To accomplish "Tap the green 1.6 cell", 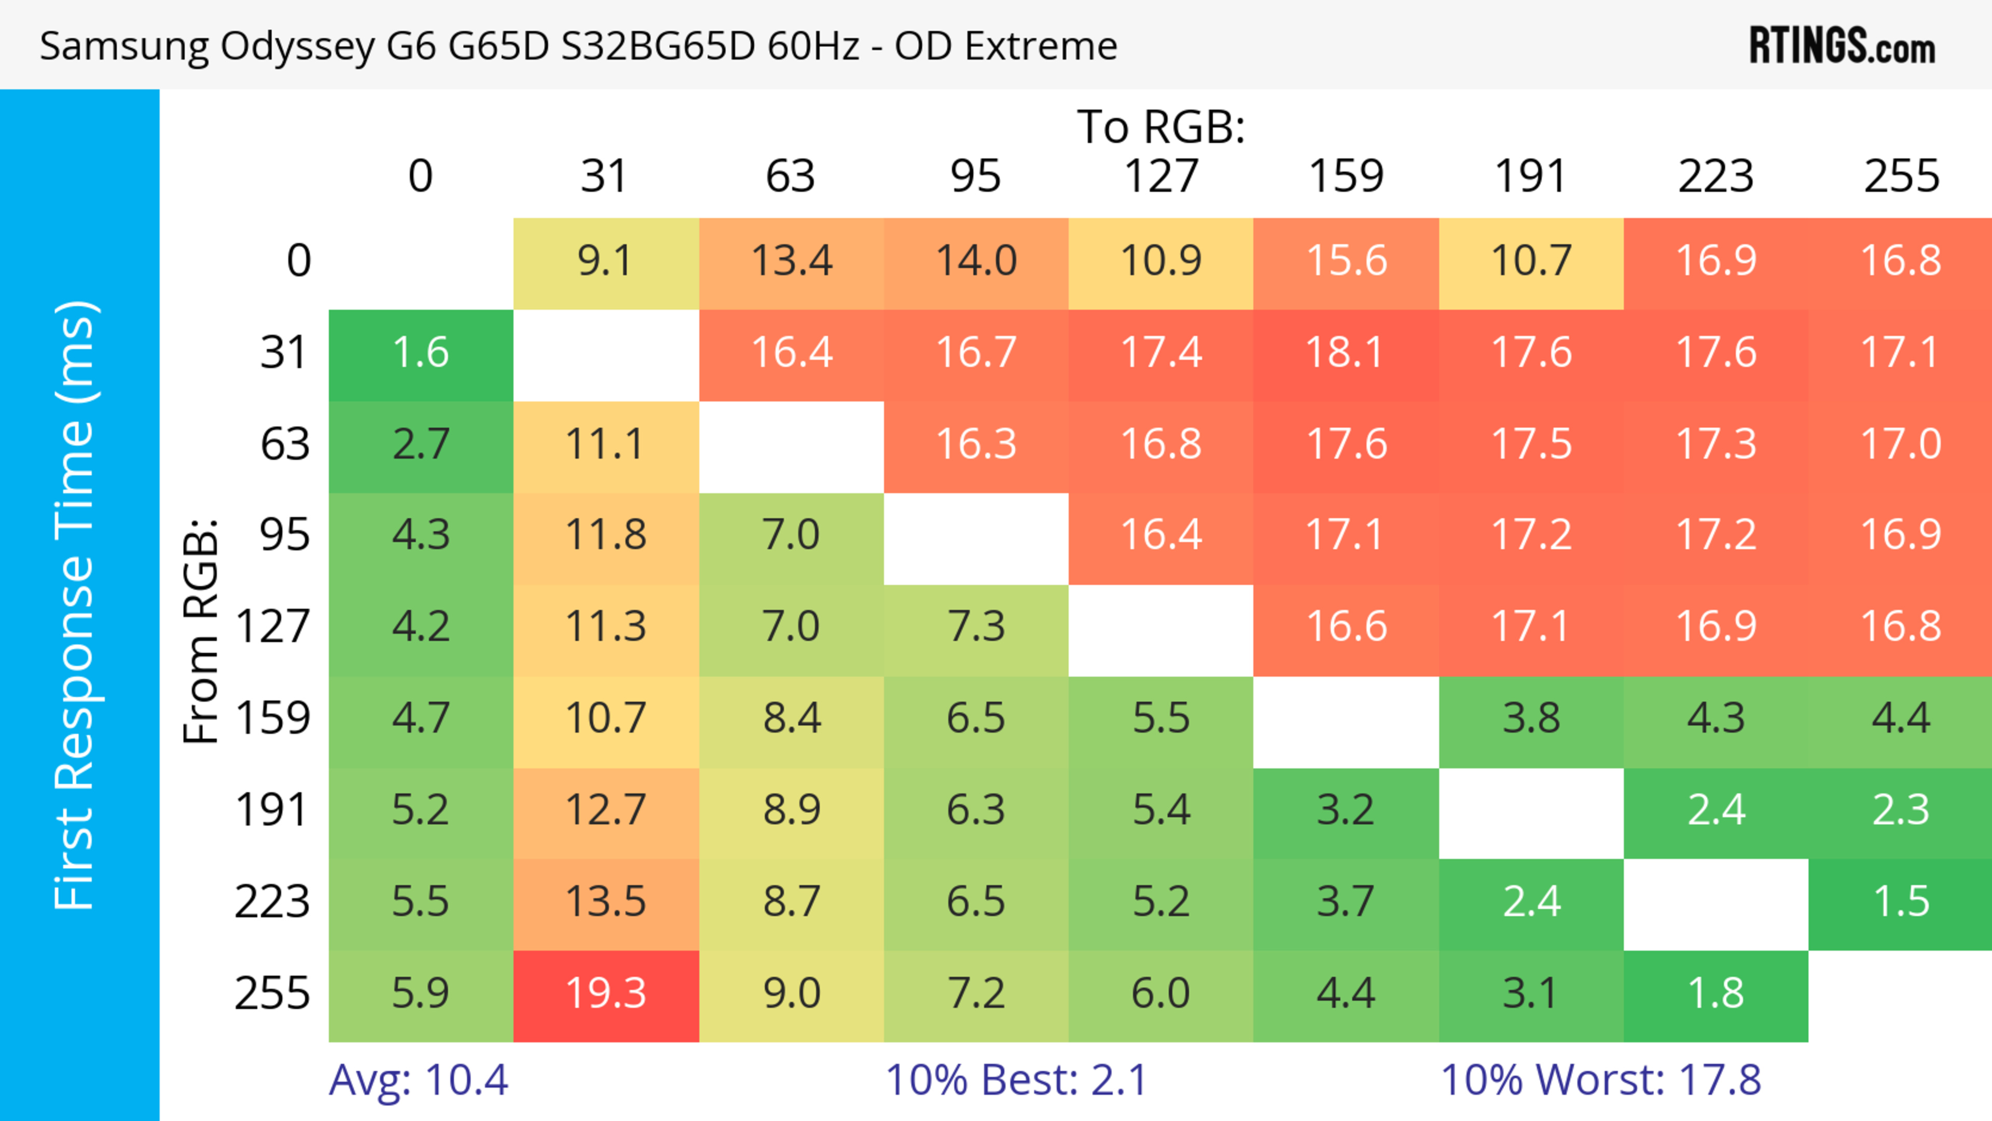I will (421, 353).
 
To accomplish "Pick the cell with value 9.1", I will (605, 261).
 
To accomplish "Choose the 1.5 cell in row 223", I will (1900, 902).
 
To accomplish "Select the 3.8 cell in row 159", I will (1530, 719).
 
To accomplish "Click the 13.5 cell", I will (605, 902).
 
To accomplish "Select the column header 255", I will (1901, 176).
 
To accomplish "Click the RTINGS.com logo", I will (1842, 46).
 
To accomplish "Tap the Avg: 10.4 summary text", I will (418, 1080).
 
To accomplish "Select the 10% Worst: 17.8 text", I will (1601, 1080).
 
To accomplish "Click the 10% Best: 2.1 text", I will (1016, 1080).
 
